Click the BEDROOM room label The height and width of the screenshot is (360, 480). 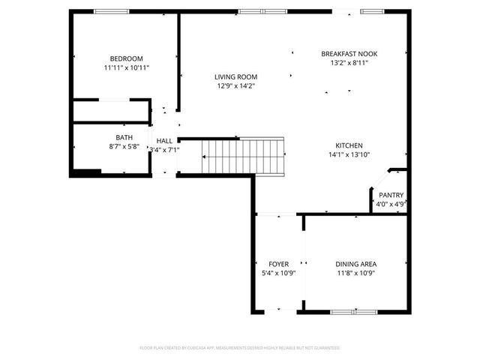click(x=126, y=58)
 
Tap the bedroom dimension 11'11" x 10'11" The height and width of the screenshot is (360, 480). click(x=126, y=68)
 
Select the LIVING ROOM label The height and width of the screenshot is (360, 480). click(x=235, y=76)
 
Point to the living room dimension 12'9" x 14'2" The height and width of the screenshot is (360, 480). click(x=235, y=85)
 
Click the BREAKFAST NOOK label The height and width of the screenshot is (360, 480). click(x=349, y=54)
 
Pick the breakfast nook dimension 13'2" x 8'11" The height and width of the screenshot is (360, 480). click(x=349, y=63)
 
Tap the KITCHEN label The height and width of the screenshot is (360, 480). click(x=349, y=145)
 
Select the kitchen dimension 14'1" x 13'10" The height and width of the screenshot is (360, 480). click(x=349, y=154)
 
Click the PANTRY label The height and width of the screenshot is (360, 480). click(x=391, y=195)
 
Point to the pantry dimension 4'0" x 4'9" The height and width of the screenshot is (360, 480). click(x=391, y=204)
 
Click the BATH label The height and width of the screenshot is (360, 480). click(x=124, y=137)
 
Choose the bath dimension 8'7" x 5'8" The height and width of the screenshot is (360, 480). click(x=124, y=146)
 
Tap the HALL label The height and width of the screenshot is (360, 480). click(x=164, y=140)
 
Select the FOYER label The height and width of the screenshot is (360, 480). click(x=278, y=264)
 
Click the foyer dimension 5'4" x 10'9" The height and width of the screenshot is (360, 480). click(x=278, y=273)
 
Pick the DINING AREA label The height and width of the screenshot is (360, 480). click(x=355, y=264)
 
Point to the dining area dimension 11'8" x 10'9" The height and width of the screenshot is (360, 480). click(x=355, y=273)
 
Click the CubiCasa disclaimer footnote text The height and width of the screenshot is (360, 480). click(x=240, y=348)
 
